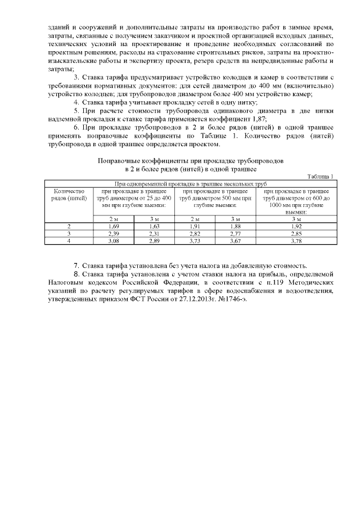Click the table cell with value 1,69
114,226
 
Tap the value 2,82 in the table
195,233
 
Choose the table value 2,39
114,233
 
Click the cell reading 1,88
236,226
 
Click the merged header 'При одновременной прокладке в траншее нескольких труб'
190,183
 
